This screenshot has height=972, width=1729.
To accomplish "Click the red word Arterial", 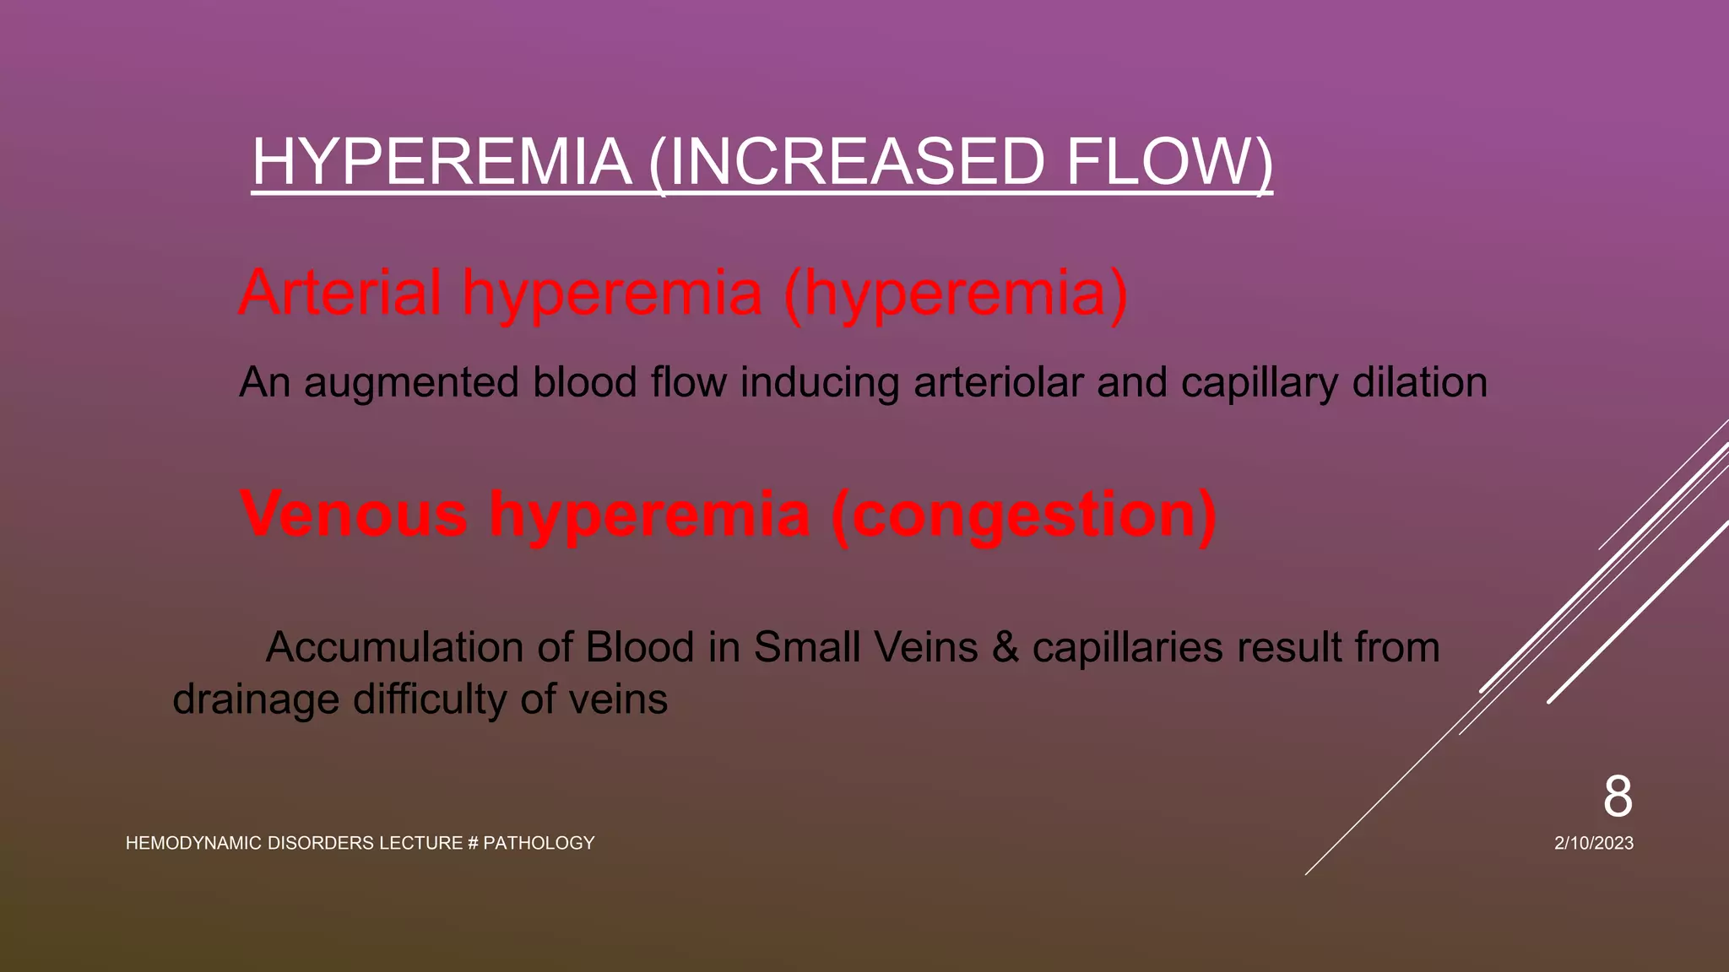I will [340, 293].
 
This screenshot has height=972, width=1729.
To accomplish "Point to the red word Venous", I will [354, 514].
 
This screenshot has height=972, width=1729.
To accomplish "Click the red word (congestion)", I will [1023, 514].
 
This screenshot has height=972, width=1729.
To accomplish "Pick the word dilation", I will [1419, 383].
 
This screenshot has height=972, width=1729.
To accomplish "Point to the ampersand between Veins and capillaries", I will [1005, 648].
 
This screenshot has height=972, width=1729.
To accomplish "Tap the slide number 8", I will [1618, 796].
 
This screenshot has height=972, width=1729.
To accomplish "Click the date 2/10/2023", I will [1594, 843].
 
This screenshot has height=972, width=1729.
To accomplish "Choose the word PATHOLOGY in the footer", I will [539, 843].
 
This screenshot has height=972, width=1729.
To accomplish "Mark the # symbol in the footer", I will [473, 843].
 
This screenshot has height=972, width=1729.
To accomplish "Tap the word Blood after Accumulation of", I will [639, 648].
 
